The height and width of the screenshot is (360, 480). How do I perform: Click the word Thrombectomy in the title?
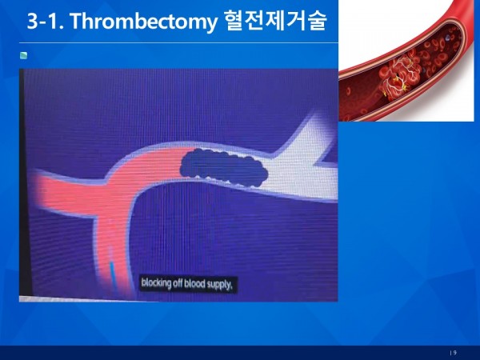143,21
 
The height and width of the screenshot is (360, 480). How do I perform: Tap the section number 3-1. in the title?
46,21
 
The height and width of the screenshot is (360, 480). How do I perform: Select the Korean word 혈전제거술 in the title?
275,21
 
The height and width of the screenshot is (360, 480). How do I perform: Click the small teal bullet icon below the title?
23,55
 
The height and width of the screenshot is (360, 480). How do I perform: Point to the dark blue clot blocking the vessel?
224,167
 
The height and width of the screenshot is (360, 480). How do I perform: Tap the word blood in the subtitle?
194,284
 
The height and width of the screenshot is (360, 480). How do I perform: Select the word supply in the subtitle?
219,286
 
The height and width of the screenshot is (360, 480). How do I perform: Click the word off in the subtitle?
178,283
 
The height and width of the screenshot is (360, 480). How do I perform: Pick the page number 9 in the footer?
455,353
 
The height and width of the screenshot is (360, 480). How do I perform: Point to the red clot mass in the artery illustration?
398,76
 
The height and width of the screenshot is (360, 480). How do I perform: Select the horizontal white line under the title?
178,43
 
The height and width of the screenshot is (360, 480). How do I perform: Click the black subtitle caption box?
188,285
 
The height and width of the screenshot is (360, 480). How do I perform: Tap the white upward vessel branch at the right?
308,134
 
